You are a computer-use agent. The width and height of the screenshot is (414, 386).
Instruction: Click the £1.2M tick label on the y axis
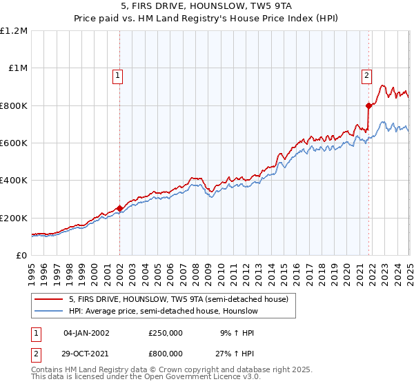(14, 31)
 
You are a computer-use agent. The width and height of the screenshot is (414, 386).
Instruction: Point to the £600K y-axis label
(14, 143)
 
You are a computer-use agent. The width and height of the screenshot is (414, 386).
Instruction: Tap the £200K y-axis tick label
(14, 218)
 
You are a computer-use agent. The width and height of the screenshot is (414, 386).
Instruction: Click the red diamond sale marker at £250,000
(119, 208)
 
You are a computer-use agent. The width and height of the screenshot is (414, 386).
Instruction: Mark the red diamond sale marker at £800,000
(368, 105)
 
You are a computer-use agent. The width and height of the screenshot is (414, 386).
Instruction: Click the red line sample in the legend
(48, 298)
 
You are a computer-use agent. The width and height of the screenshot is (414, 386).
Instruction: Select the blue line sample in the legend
(48, 311)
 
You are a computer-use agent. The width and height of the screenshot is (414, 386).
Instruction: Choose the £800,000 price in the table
(166, 353)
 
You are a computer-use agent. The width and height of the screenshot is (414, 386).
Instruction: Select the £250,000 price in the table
(166, 332)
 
